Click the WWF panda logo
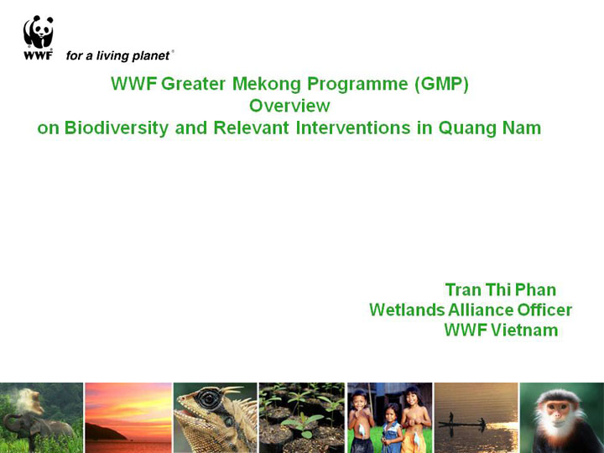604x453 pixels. click(38, 38)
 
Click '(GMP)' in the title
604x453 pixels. click(441, 84)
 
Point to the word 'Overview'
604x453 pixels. click(289, 106)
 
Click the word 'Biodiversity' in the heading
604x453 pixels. click(117, 128)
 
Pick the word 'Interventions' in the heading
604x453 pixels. click(353, 128)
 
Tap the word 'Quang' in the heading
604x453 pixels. click(467, 128)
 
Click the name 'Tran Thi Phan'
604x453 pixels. click(500, 290)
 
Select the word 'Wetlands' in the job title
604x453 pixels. click(407, 310)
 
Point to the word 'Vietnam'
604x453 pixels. click(524, 331)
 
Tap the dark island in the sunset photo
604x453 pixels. click(104, 432)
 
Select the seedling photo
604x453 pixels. click(302, 418)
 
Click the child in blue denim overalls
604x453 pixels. click(392, 429)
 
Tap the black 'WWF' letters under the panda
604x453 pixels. click(38, 55)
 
